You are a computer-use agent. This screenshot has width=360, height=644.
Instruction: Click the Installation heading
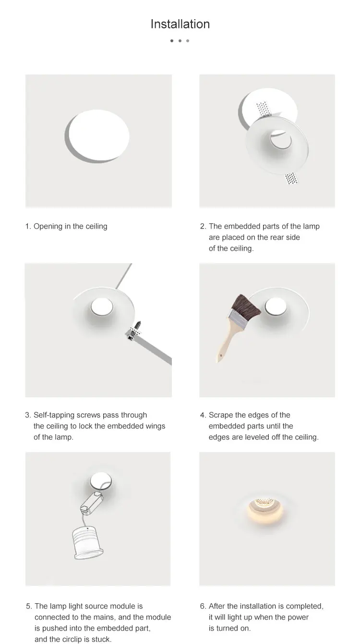click(180, 24)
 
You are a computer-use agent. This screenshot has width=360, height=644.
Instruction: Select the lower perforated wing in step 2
click(292, 178)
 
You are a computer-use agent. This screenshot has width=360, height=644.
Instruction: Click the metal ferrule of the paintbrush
click(238, 321)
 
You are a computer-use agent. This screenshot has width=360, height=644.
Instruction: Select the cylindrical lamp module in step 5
click(87, 543)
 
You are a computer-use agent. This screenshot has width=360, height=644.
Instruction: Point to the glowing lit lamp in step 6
click(266, 510)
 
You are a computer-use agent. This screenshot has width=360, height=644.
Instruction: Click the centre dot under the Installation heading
click(180, 41)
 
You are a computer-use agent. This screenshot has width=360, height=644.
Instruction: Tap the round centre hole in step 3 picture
click(102, 306)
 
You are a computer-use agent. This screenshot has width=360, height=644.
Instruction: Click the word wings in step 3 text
click(156, 426)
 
